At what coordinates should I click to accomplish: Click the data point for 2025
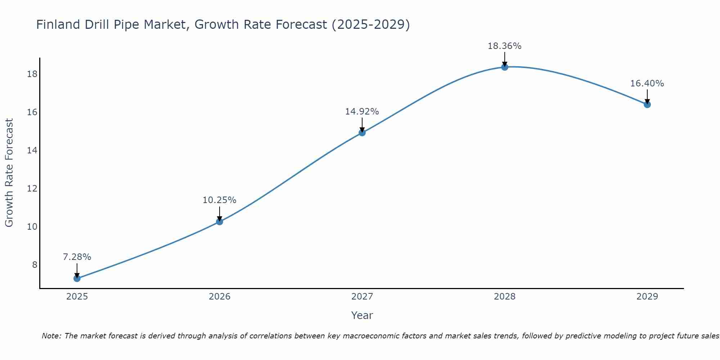77,278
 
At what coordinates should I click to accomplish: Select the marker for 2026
219,222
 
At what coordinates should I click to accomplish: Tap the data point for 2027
362,132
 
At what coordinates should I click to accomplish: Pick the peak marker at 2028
505,67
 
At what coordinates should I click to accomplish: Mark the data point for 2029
647,104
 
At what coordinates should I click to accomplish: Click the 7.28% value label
77,257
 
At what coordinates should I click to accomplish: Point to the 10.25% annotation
219,200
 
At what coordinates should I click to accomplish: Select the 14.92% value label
362,112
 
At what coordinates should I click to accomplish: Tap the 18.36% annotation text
505,46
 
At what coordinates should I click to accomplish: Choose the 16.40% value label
647,84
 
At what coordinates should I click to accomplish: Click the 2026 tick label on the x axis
220,297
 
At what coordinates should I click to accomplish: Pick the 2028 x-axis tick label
505,297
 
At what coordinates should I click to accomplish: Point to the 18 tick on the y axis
32,74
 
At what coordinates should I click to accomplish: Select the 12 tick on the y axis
32,189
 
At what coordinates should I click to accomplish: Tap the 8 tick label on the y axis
35,265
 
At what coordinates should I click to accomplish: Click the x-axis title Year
362,315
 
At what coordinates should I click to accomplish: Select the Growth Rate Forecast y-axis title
9,173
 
